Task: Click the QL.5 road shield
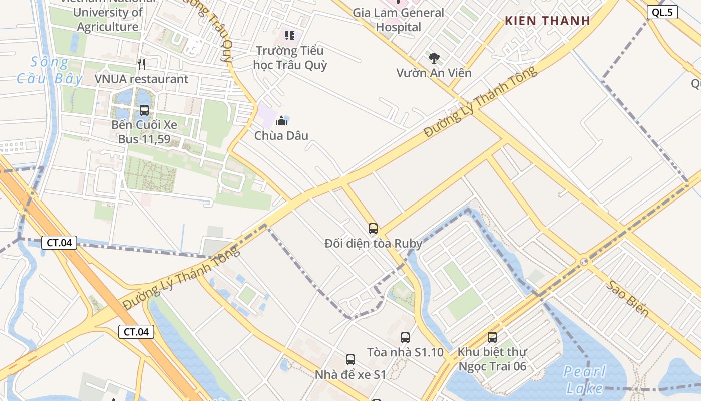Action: (x=662, y=13)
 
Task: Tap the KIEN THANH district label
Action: (x=547, y=21)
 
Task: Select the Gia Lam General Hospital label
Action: (x=399, y=20)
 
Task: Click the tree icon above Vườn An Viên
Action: (x=434, y=58)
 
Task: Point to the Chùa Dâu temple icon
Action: (x=281, y=121)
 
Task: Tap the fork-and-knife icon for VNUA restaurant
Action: (x=141, y=64)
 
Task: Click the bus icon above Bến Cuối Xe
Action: (x=144, y=110)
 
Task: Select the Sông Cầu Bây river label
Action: (x=49, y=70)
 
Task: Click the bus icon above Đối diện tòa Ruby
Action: (x=373, y=229)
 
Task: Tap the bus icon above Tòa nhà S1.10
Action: (x=405, y=338)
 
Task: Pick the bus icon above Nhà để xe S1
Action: (x=350, y=360)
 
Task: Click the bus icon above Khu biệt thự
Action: (x=492, y=338)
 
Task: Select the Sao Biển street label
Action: (x=628, y=299)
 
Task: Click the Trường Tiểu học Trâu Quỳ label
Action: (x=290, y=58)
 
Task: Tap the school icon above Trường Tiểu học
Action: (x=290, y=35)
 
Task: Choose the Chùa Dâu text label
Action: (x=281, y=136)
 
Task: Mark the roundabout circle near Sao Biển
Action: (x=584, y=262)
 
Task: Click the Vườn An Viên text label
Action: (x=434, y=73)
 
